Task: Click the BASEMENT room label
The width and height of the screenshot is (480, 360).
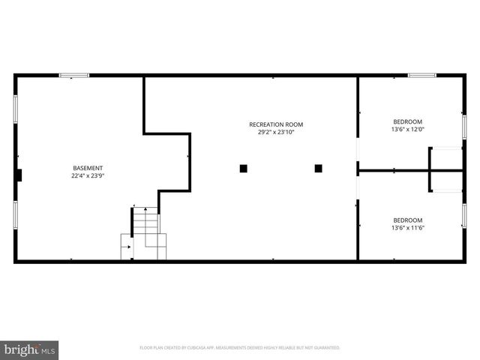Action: tap(88, 167)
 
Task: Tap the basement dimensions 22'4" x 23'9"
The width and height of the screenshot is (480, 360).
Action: tap(88, 176)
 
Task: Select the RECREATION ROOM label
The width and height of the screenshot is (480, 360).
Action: tap(276, 124)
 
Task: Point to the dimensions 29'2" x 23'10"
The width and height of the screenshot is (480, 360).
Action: tap(276, 133)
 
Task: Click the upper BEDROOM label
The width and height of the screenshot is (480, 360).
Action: tap(407, 121)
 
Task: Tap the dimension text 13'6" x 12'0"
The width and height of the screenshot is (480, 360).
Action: tap(407, 130)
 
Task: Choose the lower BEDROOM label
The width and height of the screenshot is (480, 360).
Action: tap(407, 220)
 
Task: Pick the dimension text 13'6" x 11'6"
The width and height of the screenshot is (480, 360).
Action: tap(407, 228)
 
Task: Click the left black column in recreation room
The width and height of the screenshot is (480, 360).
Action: tap(243, 169)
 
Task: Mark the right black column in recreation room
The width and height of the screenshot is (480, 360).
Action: tap(318, 169)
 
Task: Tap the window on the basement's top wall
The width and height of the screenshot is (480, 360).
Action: tap(74, 75)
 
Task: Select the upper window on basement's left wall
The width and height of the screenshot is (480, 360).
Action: tap(15, 109)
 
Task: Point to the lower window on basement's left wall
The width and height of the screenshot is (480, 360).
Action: tap(15, 215)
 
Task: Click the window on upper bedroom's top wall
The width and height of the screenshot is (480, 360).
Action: tap(422, 75)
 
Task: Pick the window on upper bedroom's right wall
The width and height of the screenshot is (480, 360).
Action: tap(464, 126)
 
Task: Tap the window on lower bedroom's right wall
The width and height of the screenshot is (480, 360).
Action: tap(464, 215)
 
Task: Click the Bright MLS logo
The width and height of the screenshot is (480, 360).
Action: tap(30, 349)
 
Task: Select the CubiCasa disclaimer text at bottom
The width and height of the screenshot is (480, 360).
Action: tap(240, 348)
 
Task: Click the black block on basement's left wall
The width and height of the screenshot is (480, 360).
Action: tap(19, 175)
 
